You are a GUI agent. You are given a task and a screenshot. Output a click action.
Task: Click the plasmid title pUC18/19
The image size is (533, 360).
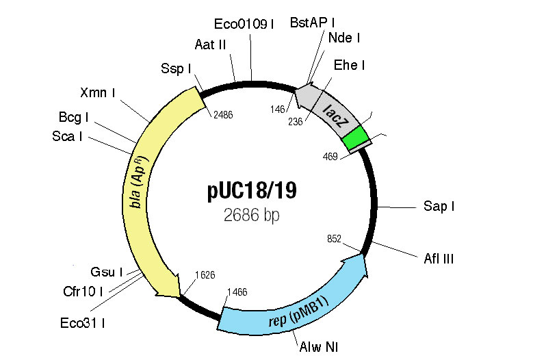[252, 190]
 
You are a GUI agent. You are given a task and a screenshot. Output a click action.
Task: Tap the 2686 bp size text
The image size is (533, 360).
[252, 215]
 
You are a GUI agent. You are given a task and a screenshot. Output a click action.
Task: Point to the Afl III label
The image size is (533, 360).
[439, 258]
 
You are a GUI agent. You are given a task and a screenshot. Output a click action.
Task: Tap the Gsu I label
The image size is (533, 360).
[106, 272]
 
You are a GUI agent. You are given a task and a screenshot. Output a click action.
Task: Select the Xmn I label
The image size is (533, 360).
[97, 92]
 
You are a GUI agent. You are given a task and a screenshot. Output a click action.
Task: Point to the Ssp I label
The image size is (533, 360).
[175, 68]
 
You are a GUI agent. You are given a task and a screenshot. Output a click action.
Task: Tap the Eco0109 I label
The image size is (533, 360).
[244, 25]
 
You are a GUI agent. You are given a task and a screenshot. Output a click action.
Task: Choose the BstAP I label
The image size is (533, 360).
[317, 23]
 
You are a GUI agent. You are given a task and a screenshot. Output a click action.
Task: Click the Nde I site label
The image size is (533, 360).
[344, 38]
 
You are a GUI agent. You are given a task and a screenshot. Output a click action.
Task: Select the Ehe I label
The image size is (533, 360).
[349, 65]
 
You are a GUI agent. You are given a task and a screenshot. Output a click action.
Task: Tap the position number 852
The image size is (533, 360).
[333, 239]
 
